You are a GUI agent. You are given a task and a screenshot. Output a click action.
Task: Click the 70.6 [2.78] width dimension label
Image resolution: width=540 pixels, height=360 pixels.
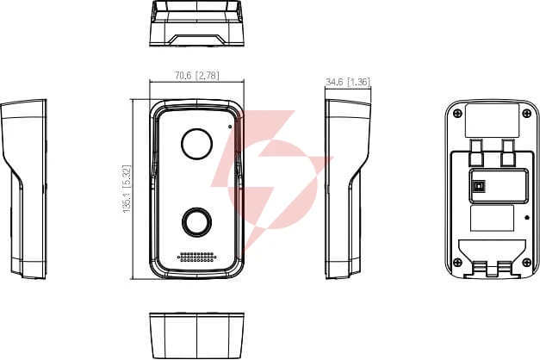click(197, 76)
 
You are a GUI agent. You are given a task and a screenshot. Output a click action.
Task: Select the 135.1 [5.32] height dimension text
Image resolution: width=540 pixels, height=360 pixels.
click(127, 189)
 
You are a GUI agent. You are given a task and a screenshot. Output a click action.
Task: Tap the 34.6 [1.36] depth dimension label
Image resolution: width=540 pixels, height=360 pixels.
click(348, 82)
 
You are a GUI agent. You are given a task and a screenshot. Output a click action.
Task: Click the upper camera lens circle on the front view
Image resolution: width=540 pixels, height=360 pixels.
click(196, 144)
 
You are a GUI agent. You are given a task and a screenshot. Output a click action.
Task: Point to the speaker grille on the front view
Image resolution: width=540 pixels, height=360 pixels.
click(196, 257)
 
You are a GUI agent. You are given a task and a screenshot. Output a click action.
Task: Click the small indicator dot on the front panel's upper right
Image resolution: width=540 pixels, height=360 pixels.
click(230, 127)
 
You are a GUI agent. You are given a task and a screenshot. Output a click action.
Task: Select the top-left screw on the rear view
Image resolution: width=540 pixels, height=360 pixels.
click(457, 113)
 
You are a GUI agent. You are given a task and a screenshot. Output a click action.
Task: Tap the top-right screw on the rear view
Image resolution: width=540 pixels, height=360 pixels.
click(527, 113)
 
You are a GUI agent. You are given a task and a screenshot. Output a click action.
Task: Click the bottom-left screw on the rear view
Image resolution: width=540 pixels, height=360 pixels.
click(457, 262)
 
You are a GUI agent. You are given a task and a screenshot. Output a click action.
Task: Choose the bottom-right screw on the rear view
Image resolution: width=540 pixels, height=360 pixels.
click(527, 262)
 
